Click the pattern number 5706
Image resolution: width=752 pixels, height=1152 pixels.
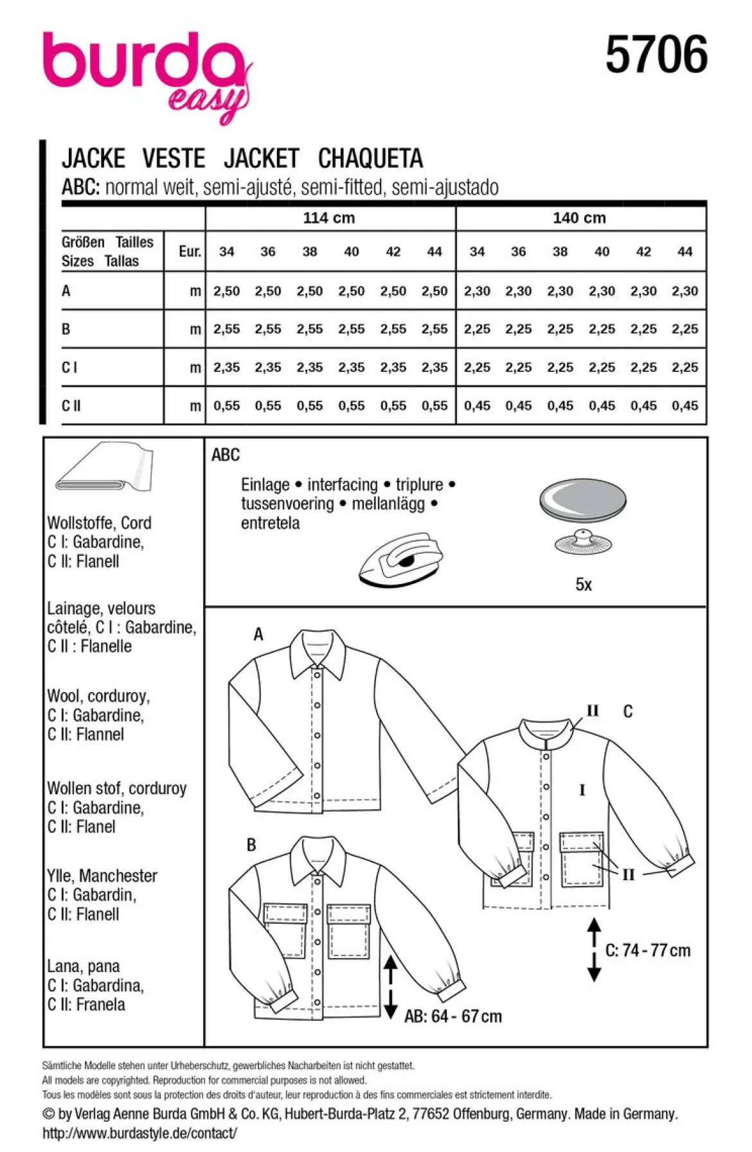[656, 55]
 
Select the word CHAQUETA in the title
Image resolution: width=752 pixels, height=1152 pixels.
[370, 158]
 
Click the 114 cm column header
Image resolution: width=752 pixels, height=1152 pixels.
[329, 218]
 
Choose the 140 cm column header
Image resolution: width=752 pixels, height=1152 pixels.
[579, 218]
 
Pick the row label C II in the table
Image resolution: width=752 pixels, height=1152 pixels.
[71, 405]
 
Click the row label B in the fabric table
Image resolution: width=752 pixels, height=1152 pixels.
[66, 329]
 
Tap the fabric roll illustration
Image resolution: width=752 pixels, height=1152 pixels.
[104, 467]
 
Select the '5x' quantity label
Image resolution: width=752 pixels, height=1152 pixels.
[584, 585]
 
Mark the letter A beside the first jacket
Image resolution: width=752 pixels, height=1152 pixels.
[258, 635]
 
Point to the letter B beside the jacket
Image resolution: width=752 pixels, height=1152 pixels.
[251, 845]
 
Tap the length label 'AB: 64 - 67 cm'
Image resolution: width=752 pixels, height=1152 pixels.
[452, 1016]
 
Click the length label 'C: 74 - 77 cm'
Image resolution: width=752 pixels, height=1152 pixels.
[648, 950]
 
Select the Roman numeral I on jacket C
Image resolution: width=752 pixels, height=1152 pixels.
[582, 790]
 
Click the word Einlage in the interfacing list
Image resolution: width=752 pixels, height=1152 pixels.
[265, 485]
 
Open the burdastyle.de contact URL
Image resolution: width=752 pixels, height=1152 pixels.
[139, 1133]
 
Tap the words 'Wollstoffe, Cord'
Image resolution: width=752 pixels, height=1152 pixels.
[100, 523]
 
